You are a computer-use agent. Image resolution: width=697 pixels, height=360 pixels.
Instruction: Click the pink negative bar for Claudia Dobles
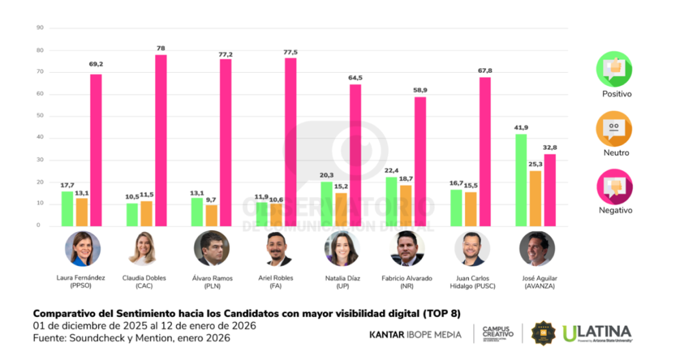(x=161, y=140)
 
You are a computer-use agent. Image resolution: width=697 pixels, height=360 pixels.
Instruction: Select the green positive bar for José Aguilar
(x=521, y=180)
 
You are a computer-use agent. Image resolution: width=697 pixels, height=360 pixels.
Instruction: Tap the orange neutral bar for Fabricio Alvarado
(x=406, y=205)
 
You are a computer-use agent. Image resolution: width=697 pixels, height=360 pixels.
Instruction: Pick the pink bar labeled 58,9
(x=421, y=161)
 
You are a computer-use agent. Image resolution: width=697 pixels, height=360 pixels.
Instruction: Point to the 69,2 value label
(x=96, y=65)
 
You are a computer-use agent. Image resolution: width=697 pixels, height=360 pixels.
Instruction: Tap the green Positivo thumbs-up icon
(x=614, y=69)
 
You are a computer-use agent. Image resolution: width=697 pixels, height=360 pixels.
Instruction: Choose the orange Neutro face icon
(x=614, y=127)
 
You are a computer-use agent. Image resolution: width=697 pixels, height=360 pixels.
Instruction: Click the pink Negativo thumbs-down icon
(x=614, y=186)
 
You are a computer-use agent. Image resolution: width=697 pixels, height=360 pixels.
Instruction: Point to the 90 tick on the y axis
(x=39, y=28)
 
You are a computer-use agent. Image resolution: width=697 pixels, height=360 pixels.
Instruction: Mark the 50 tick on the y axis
(x=39, y=116)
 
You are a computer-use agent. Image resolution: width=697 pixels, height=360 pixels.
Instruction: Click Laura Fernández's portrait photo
(x=82, y=248)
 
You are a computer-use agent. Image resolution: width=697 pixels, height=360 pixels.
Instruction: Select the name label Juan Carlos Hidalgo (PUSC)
(x=472, y=282)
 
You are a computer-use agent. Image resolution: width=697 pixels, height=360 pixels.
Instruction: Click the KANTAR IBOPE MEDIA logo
(x=415, y=334)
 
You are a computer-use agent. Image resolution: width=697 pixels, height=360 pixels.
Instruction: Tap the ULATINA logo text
(x=597, y=333)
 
